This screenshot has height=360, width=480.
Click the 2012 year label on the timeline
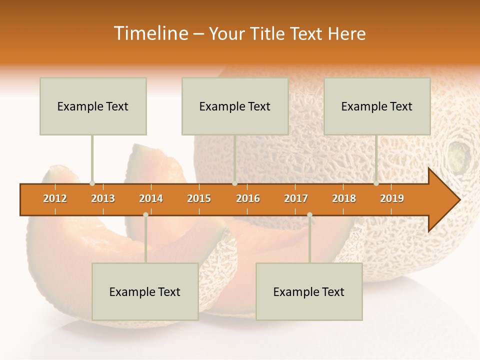(55, 198)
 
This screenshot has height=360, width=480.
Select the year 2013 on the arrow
(103, 198)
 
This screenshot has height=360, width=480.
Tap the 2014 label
(151, 198)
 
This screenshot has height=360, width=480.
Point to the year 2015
(199, 198)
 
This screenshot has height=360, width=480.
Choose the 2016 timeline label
(248, 198)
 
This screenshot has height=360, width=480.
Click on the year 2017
(296, 198)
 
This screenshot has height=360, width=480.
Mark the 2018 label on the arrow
(344, 198)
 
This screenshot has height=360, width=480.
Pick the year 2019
(392, 198)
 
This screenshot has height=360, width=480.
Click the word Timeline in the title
(150, 33)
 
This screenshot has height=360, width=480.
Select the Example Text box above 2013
(93, 106)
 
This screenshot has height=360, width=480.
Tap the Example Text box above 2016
(235, 106)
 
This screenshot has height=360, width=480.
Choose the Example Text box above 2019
(377, 106)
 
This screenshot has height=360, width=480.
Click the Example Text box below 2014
(145, 292)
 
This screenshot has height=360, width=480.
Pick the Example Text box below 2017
(309, 292)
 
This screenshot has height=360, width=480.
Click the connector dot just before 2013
(92, 183)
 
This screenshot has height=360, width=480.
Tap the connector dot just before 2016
(234, 183)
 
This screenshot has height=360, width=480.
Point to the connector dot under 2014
(145, 214)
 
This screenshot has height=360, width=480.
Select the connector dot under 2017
(309, 214)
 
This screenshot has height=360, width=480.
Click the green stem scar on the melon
(457, 155)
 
